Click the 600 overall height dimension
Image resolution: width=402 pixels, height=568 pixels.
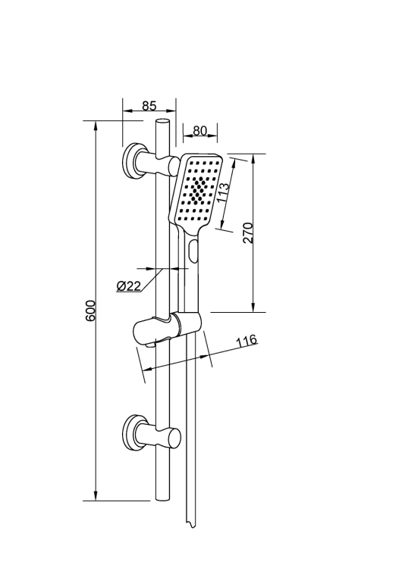click(x=90, y=311)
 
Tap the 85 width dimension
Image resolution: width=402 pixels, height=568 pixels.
click(x=149, y=106)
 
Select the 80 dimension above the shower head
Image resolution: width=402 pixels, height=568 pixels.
click(x=200, y=130)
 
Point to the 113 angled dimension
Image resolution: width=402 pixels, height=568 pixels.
click(x=223, y=192)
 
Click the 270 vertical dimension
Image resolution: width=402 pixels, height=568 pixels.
click(x=248, y=233)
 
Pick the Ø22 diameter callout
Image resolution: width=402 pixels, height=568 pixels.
click(x=129, y=286)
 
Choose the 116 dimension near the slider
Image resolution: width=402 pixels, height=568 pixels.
click(x=247, y=340)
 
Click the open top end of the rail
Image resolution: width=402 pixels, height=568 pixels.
click(x=162, y=121)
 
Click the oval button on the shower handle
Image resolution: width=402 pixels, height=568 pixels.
click(x=193, y=251)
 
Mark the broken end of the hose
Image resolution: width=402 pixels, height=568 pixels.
click(x=190, y=525)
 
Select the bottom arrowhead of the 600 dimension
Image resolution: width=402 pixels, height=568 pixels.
click(x=96, y=496)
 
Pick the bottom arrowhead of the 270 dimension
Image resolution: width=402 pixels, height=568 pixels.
click(x=253, y=307)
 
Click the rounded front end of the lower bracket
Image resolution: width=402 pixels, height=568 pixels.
click(x=176, y=437)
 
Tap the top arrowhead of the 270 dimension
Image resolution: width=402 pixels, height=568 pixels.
click(x=253, y=159)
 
